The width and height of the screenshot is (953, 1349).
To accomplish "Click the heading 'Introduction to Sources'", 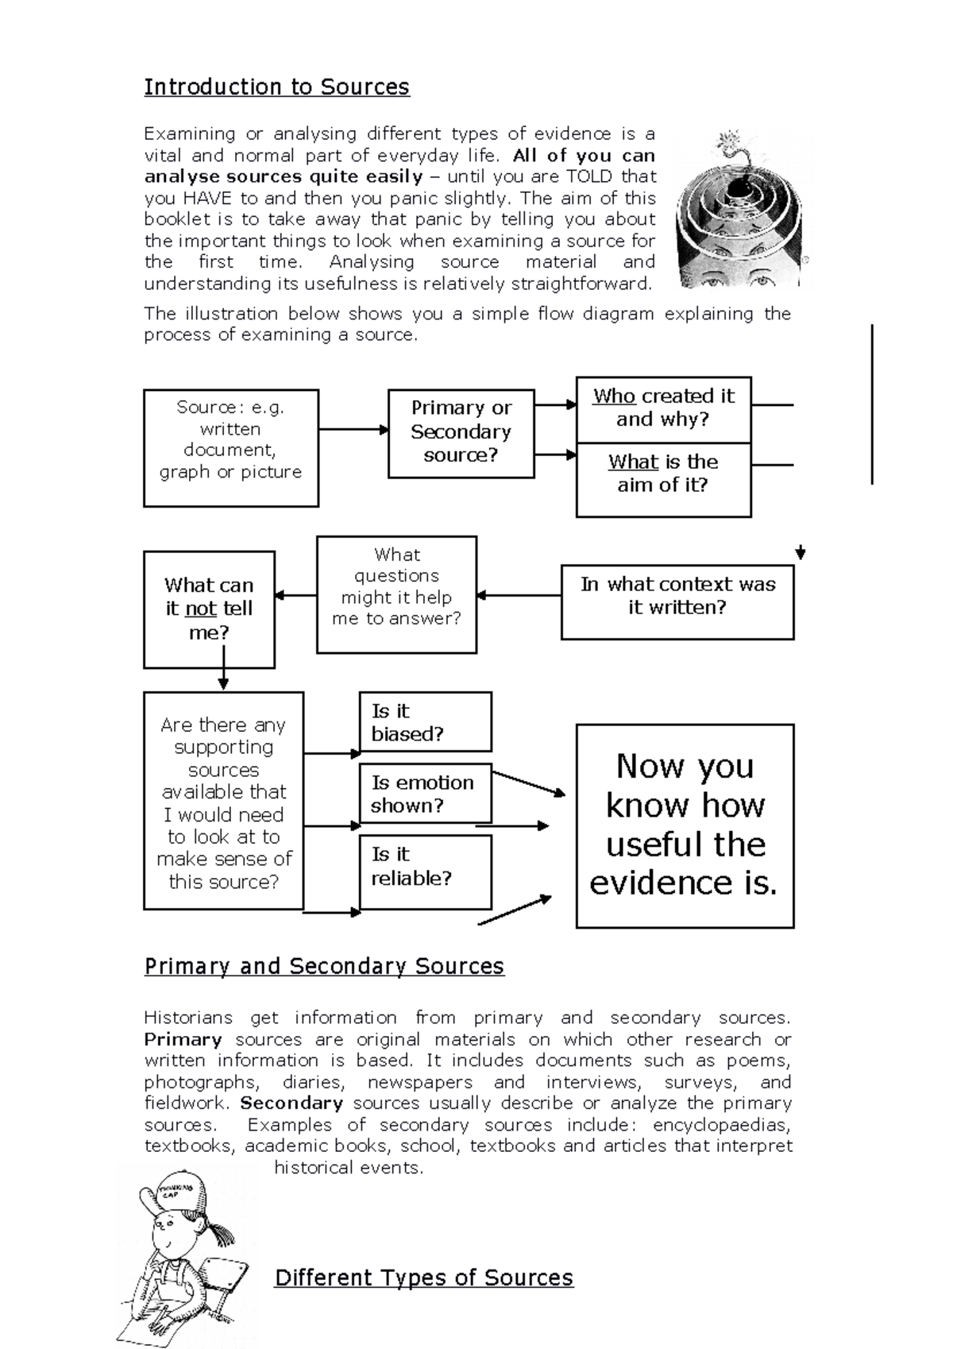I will tap(276, 87).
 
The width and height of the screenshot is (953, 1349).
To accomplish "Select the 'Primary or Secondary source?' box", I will tap(461, 432).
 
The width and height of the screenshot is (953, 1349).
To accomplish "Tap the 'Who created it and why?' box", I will tap(663, 408).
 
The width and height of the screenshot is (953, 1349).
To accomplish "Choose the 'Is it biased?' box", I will tap(425, 721).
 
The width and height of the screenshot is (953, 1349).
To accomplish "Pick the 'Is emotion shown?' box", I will tap(425, 794).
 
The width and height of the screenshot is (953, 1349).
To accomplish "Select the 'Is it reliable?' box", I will tap(425, 871).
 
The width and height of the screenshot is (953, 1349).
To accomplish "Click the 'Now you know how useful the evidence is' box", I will tap(685, 825).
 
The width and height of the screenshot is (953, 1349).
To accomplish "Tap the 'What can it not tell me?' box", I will tap(209, 609).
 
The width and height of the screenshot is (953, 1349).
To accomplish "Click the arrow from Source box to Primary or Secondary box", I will tap(353, 430).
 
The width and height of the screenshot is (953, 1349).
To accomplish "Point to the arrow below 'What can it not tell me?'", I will tap(223, 669).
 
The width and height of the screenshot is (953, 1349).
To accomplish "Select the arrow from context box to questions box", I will tap(519, 595).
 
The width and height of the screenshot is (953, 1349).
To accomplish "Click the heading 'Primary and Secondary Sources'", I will tap(324, 966).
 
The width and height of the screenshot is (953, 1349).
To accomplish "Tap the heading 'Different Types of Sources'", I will tap(423, 1277).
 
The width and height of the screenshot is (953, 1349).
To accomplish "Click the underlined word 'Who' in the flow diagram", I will tap(614, 396).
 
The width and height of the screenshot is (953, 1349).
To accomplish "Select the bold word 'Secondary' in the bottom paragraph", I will tap(291, 1104).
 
